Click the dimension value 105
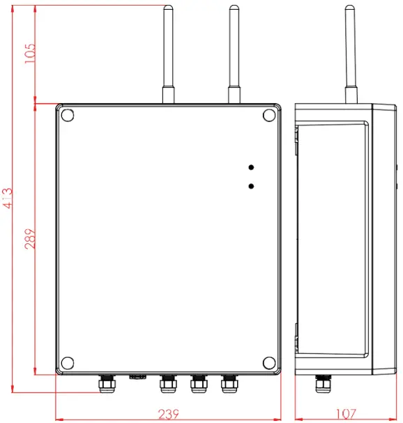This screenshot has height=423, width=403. click(30, 54)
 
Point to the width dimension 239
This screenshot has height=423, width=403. click(167, 414)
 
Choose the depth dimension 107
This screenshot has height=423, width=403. click(345, 414)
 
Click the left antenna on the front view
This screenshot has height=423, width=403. click(168, 49)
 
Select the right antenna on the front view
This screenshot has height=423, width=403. click(234, 49)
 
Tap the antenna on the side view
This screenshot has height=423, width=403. click(351, 49)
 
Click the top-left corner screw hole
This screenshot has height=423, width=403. click(68, 115)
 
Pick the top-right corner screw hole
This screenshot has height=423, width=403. click(269, 115)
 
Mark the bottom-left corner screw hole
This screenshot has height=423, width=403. click(68, 362)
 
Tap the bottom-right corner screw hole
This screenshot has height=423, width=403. click(269, 362)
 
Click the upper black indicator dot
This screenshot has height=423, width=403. click(251, 167)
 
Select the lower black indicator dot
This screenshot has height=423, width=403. click(251, 186)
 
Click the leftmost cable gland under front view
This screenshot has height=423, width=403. click(107, 383)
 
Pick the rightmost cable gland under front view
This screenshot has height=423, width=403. click(229, 383)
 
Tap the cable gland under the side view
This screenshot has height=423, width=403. click(322, 383)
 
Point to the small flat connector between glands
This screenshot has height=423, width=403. click(137, 377)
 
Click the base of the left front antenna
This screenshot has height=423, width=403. click(168, 95)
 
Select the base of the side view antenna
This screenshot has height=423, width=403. click(351, 95)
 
